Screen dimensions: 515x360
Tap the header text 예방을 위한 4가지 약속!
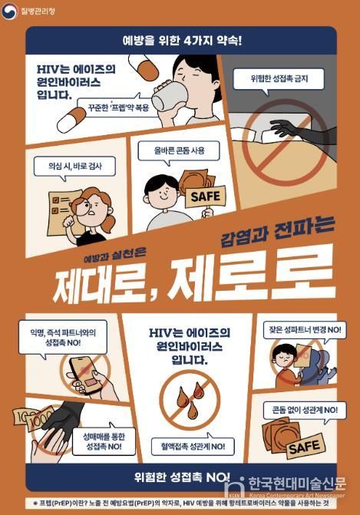tap(181, 39)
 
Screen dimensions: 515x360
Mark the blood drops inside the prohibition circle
tap(190, 399)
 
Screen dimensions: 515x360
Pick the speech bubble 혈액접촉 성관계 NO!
tap(192, 446)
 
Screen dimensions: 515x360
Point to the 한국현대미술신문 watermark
tap(292, 485)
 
